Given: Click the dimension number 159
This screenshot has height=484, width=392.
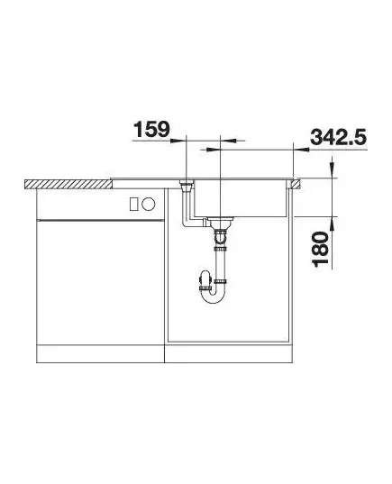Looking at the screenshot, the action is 151,129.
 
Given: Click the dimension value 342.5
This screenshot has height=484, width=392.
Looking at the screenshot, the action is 338,137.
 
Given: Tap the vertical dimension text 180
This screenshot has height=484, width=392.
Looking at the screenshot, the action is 320,249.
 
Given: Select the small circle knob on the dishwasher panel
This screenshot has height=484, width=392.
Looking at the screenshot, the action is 148,204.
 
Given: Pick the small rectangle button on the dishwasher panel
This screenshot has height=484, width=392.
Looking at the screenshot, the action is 134,205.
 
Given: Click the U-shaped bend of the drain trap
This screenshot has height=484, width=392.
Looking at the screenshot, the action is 213,296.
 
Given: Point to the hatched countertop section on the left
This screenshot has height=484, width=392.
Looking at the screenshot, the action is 68,184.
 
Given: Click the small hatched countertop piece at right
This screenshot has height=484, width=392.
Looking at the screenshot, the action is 294,184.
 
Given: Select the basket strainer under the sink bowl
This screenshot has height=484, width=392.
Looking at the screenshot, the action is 220,222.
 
